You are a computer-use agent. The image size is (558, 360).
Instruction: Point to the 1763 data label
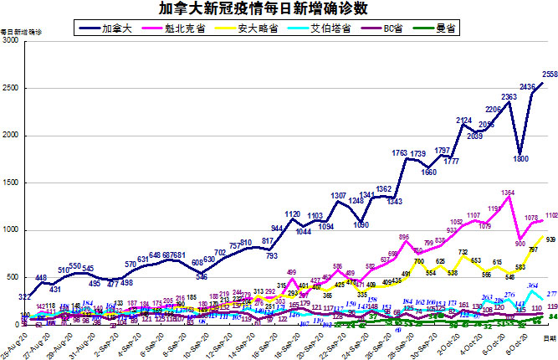[399, 152]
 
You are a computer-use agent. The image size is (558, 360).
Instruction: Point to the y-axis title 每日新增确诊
[20, 32]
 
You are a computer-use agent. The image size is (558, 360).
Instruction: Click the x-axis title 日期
[548, 337]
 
